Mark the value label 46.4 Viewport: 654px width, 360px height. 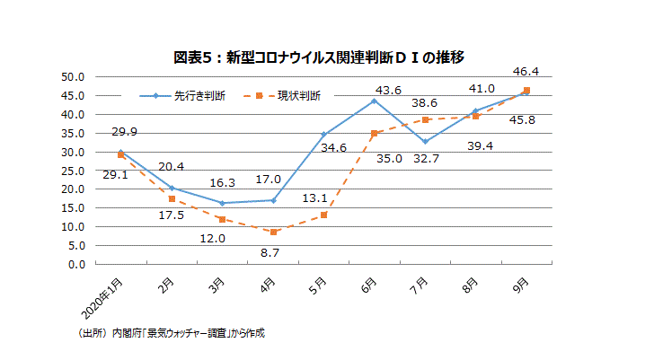click(x=526, y=72)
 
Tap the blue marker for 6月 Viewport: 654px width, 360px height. click(x=374, y=101)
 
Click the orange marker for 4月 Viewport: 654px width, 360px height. click(x=272, y=232)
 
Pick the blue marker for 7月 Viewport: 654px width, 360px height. click(x=424, y=142)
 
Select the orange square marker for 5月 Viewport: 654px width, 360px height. click(x=323, y=215)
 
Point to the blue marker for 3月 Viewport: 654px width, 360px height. click(x=221, y=203)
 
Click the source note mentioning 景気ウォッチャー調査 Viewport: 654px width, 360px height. click(x=172, y=332)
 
